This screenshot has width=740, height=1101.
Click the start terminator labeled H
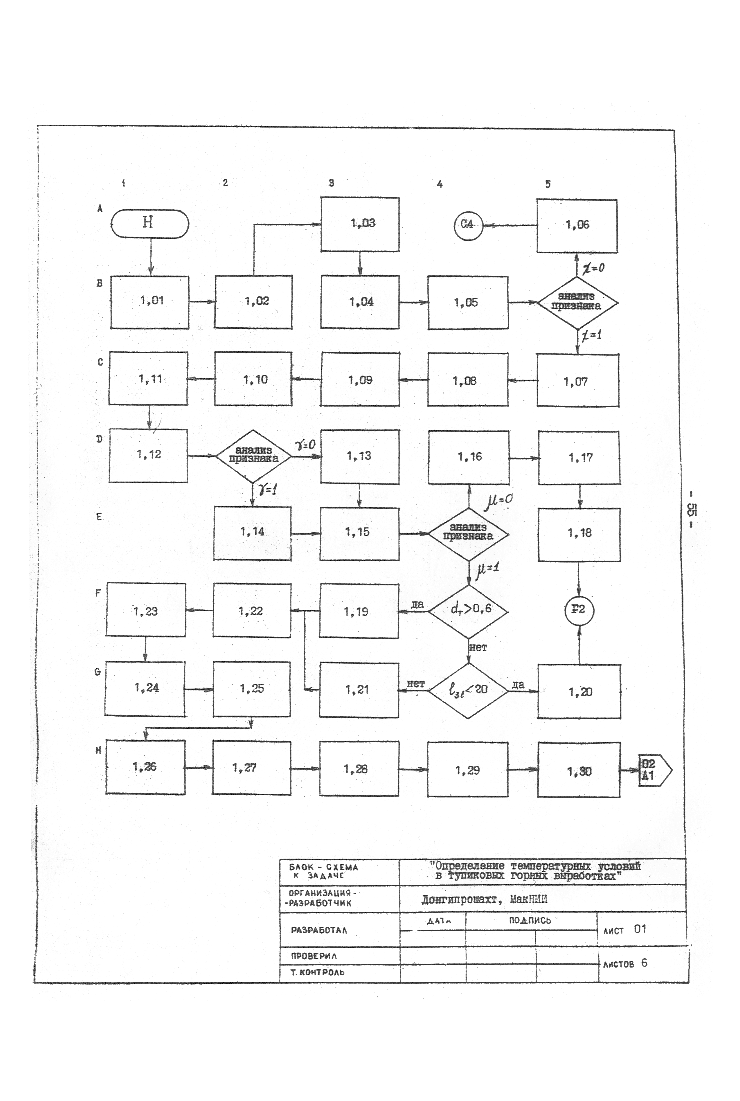150,223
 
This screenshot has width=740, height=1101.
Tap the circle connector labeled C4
468,225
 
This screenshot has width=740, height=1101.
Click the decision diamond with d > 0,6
468,611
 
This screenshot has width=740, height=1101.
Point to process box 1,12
148,455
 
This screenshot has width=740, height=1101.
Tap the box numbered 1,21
359,690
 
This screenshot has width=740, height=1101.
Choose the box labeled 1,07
578,381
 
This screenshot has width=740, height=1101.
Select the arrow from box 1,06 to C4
510,225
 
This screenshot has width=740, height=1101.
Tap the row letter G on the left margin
98,672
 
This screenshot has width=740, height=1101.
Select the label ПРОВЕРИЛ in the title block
314,956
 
